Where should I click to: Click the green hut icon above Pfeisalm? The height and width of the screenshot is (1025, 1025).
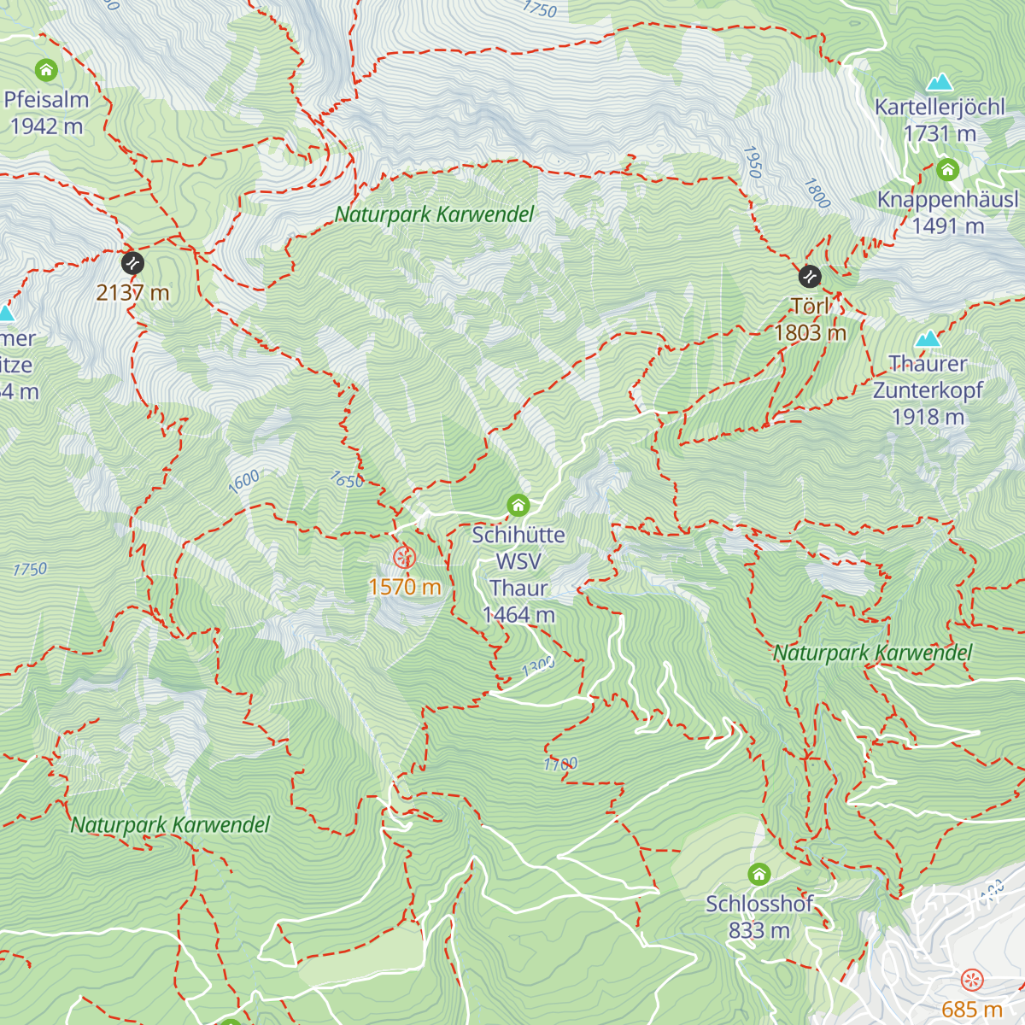(x=46, y=69)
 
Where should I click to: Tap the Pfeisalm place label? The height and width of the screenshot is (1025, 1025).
(x=46, y=100)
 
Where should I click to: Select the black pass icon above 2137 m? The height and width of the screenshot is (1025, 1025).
(x=132, y=263)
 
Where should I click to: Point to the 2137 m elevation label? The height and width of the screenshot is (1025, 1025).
(x=132, y=293)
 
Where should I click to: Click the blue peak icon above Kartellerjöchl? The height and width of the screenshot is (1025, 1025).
(x=940, y=82)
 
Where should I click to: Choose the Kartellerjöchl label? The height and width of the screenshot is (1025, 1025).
(x=940, y=108)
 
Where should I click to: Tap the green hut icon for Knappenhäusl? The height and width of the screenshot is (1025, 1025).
(x=947, y=170)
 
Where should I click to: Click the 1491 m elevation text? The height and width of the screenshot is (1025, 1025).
(x=947, y=226)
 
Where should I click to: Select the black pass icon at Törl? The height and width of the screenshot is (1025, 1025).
(x=809, y=277)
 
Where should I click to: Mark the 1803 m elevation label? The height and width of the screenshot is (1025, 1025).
(x=810, y=333)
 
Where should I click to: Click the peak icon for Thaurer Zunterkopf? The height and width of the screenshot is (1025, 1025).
(x=928, y=338)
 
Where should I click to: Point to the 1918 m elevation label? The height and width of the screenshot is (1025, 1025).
(x=928, y=417)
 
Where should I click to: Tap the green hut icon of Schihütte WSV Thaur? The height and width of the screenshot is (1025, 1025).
(x=518, y=506)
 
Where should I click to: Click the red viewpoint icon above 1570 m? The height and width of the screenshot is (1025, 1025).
(x=404, y=558)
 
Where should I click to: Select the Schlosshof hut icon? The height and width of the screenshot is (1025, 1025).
(x=759, y=875)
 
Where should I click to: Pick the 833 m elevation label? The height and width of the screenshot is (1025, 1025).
(x=758, y=930)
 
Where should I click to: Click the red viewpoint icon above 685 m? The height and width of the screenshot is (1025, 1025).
(x=972, y=980)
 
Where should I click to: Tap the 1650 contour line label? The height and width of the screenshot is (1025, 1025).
(x=347, y=481)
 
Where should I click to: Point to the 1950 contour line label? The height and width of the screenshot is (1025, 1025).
(x=752, y=161)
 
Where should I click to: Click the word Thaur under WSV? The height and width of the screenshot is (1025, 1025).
(x=518, y=589)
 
